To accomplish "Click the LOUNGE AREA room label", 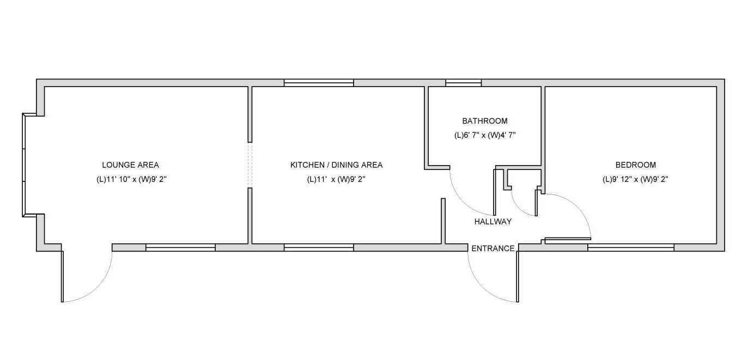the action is tap(130, 165).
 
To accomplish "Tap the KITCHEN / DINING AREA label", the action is tap(336, 165).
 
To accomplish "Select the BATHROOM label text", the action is tap(485, 121).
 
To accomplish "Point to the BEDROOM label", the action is tap(636, 165).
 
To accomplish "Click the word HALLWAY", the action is tap(493, 221).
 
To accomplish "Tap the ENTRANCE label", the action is tap(493, 248).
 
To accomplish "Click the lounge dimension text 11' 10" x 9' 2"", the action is tap(132, 179).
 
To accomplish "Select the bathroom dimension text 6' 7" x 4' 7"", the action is tap(485, 135).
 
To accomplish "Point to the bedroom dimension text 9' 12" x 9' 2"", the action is tap(636, 179).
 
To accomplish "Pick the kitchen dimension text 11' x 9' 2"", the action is tap(336, 179).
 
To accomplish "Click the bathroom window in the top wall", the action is tap(464, 83).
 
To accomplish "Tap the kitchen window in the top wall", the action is tap(319, 83).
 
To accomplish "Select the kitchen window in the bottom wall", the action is tap(319, 248).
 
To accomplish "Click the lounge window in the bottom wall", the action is tap(180, 248).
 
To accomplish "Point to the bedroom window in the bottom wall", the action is tap(631, 248).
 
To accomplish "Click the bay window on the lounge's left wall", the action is tap(24, 165).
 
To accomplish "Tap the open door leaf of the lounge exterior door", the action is tap(62, 277).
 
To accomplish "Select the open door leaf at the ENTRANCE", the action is tap(518, 277).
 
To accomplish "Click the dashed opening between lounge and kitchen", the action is tap(250, 165).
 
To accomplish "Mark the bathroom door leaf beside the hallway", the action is tap(495, 192).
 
